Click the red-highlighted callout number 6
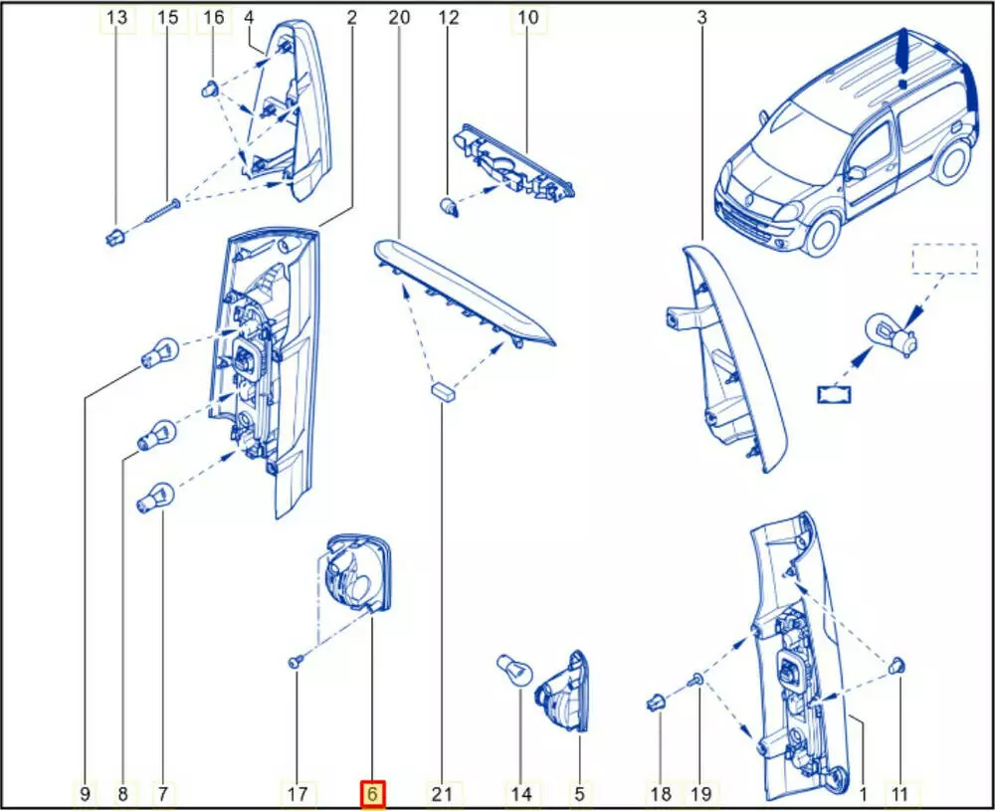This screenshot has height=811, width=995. pyautogui.click(x=372, y=794)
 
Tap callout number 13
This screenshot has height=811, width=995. pyautogui.click(x=116, y=18)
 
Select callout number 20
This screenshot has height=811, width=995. pyautogui.click(x=399, y=18)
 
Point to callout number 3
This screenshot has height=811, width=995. pyautogui.click(x=701, y=18)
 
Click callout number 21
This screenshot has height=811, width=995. pyautogui.click(x=442, y=794)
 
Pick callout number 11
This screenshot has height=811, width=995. pyautogui.click(x=899, y=794)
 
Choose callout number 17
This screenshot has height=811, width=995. pyautogui.click(x=297, y=794)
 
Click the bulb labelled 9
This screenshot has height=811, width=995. pyautogui.click(x=159, y=354)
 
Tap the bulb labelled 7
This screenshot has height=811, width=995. pyautogui.click(x=155, y=498)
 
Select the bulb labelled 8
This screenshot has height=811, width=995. pyautogui.click(x=157, y=435)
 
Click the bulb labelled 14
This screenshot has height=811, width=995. pyautogui.click(x=514, y=670)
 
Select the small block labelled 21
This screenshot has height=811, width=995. pyautogui.click(x=442, y=390)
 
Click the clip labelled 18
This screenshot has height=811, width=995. pyautogui.click(x=656, y=702)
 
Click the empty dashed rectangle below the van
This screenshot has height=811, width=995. pyautogui.click(x=945, y=259)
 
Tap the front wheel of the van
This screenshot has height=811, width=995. pyautogui.click(x=824, y=234)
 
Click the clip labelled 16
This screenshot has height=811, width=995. pyautogui.click(x=211, y=89)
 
